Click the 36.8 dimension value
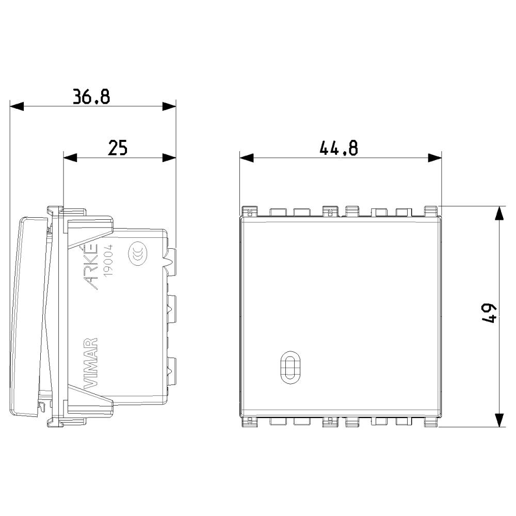pos(91,96)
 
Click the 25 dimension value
pos(118,148)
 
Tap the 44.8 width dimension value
pos(338,148)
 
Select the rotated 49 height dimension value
pos(489,314)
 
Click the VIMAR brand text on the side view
pos(91,363)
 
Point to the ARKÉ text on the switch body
pos(91,267)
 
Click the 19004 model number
pos(108,261)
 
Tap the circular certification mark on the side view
pos(138,254)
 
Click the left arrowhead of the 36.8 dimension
pos(17,106)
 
